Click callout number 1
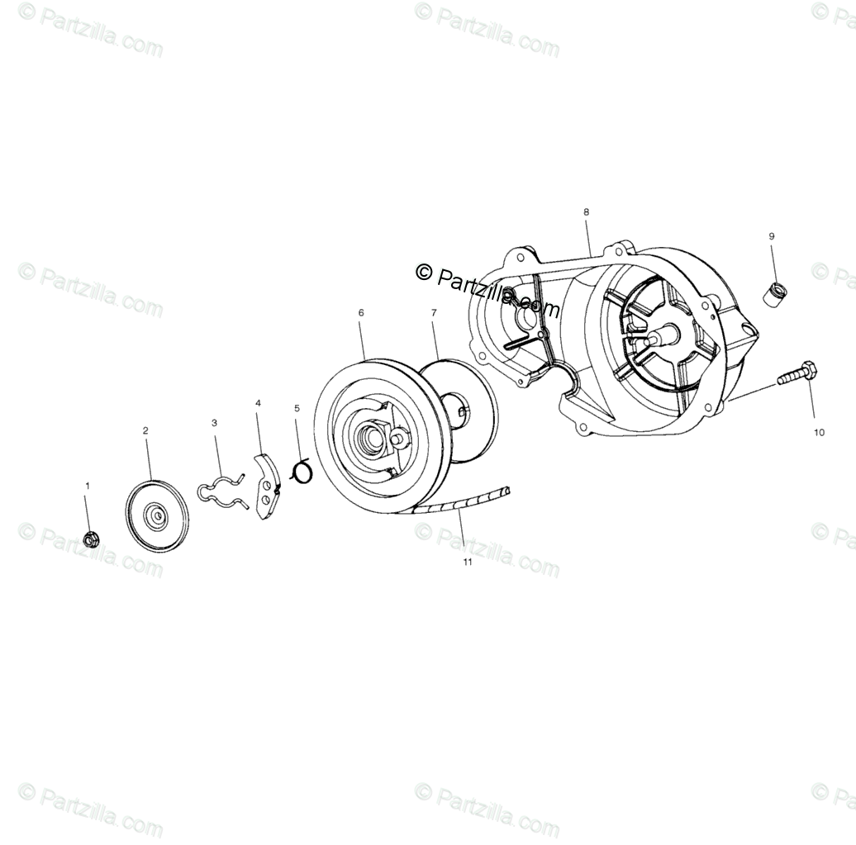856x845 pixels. [88, 487]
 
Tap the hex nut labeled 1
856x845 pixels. [91, 540]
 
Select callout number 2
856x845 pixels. [145, 430]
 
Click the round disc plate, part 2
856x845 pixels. [156, 516]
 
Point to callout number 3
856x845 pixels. [214, 422]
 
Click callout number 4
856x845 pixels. [258, 403]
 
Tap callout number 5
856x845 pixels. [297, 408]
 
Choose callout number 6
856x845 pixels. [361, 313]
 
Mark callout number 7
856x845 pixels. [433, 313]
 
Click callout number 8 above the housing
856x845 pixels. [587, 212]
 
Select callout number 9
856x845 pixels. [772, 236]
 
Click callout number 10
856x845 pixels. [819, 432]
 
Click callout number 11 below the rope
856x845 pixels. [467, 563]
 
